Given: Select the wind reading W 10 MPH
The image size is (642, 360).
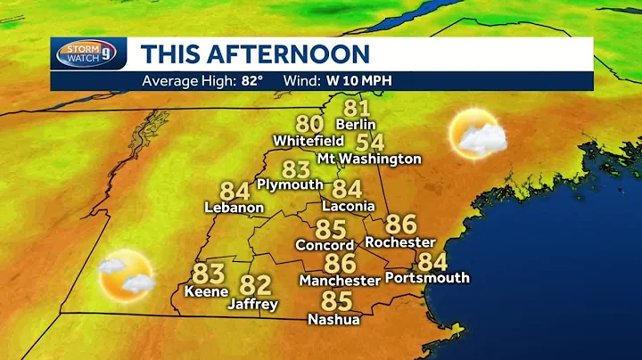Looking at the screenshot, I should pos(361,81).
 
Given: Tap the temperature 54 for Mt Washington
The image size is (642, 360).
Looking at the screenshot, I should pos(369,143).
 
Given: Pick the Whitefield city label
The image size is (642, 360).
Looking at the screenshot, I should pos(309,141).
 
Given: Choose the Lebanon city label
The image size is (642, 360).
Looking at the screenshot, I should pos(235,208).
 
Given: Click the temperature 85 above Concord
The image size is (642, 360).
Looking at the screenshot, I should pos(330,229).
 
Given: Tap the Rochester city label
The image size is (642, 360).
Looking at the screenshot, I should pos(400,241).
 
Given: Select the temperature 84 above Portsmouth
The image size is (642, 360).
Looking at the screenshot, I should pos(432,262).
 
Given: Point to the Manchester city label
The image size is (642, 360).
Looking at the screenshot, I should pos(340,280).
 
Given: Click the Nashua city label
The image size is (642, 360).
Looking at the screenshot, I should pos(333,319).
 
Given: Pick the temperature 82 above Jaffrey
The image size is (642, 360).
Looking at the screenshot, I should pos(255,286).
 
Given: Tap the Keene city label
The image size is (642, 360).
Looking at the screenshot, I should pos(206,291).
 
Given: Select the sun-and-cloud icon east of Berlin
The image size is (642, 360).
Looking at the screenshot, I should pos(477,135).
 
